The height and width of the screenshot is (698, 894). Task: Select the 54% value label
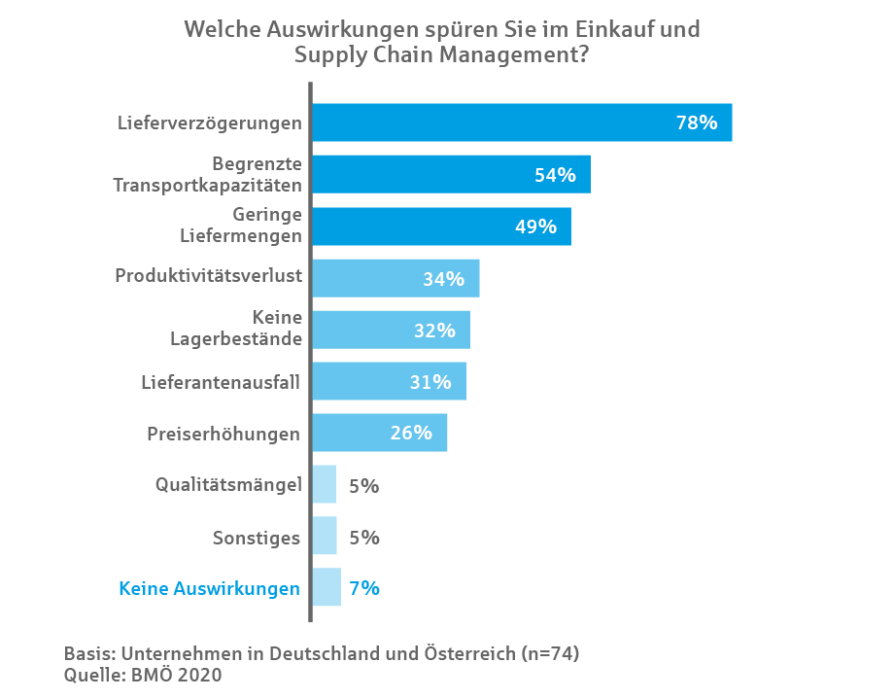555,175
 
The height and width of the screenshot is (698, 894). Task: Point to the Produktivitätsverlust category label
209,276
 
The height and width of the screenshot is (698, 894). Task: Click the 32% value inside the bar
434,331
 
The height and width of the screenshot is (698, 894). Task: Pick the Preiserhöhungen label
223,434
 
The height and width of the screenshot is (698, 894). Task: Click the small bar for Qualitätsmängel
325,484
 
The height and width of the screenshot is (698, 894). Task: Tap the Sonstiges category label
257,537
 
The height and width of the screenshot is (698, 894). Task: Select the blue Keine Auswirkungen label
209,588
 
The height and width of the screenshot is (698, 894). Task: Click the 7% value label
363,588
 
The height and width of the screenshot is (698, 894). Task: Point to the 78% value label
696,123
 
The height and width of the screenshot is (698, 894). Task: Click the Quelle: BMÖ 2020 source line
143,676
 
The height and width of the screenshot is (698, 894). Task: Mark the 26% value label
411,434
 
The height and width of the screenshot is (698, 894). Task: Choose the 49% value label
535,227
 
